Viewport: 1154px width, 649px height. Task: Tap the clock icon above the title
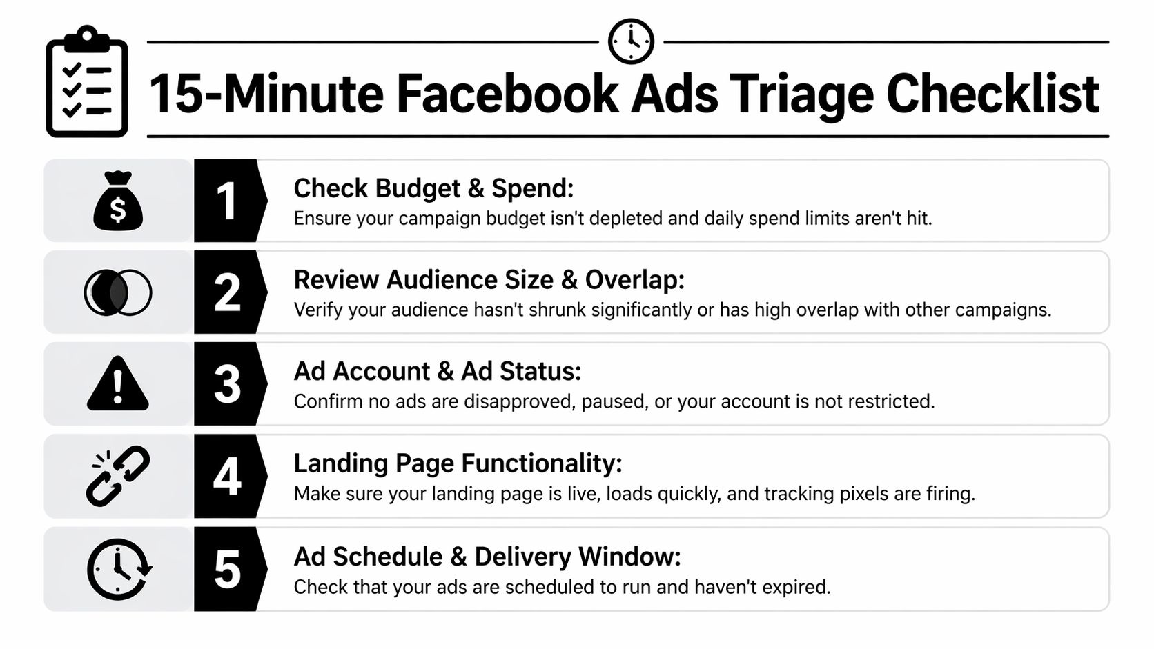631,41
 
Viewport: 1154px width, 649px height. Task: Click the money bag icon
118,201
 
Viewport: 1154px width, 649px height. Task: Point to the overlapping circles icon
118,292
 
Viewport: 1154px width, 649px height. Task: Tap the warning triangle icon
118,384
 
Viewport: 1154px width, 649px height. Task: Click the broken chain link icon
118,476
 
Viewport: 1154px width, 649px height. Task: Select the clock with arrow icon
119,569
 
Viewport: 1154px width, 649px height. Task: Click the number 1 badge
227,201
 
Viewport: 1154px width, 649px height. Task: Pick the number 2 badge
227,292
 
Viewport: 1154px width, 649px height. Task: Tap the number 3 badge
227,384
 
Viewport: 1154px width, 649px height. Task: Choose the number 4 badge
227,476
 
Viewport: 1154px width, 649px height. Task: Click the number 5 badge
227,569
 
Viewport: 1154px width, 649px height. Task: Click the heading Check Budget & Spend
433,188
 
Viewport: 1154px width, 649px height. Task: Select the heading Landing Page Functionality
458,463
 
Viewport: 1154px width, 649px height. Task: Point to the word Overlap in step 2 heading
634,280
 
